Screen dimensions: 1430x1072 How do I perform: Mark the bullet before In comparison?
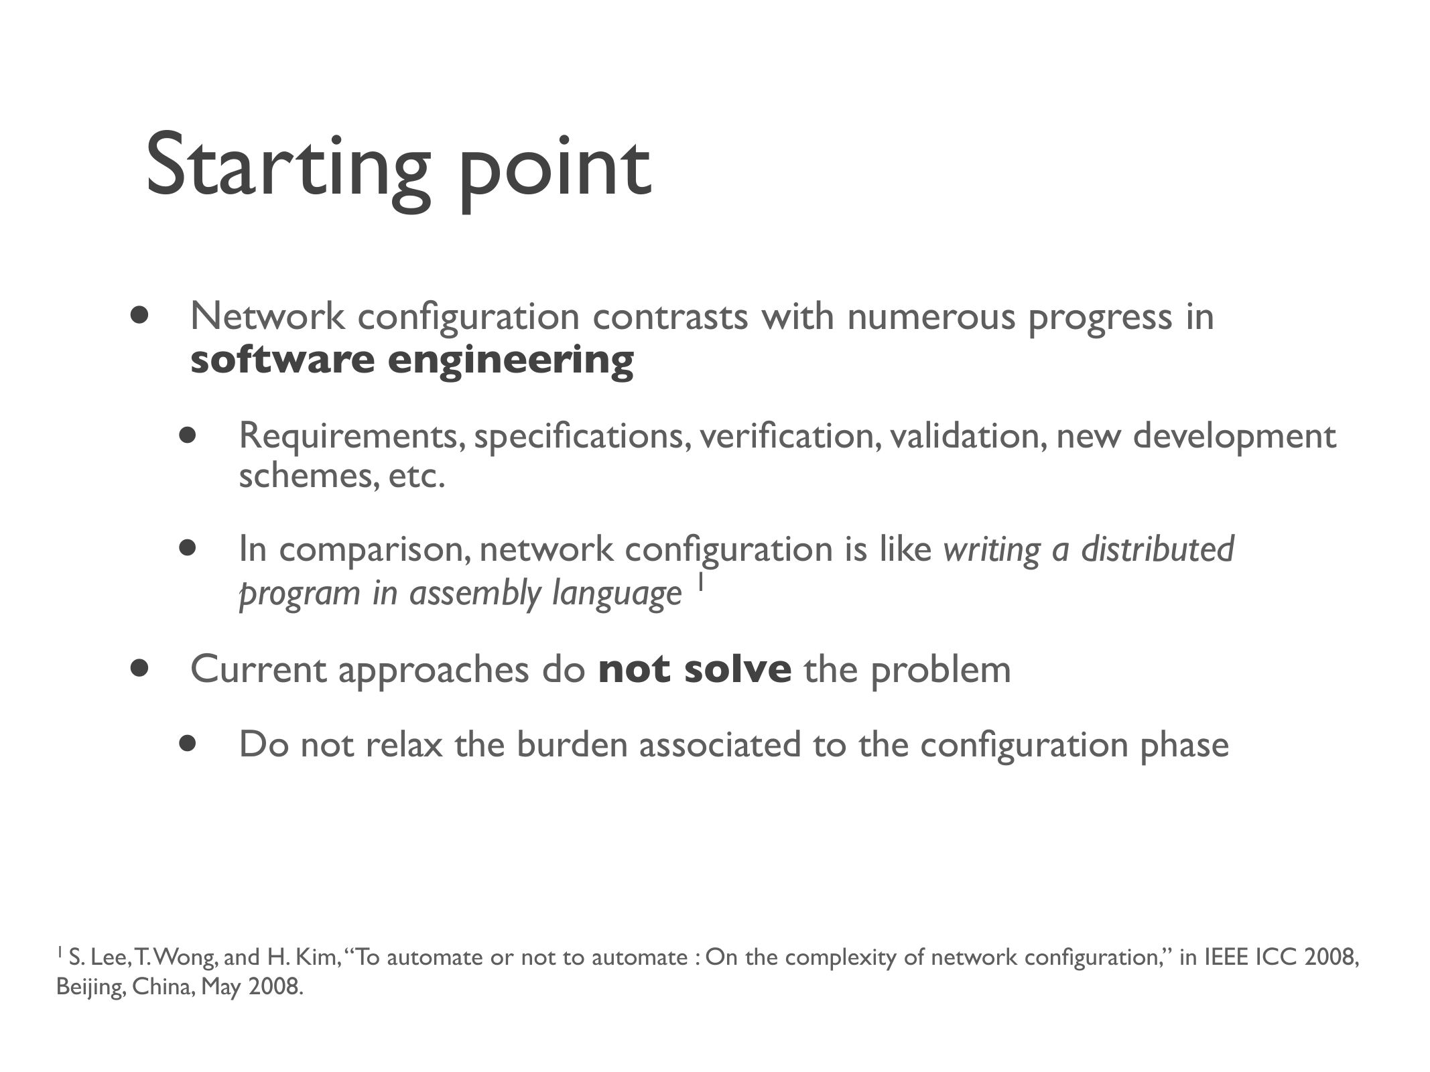188,548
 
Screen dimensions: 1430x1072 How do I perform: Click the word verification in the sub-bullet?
790,436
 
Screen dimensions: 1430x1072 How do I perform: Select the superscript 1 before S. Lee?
60,951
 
